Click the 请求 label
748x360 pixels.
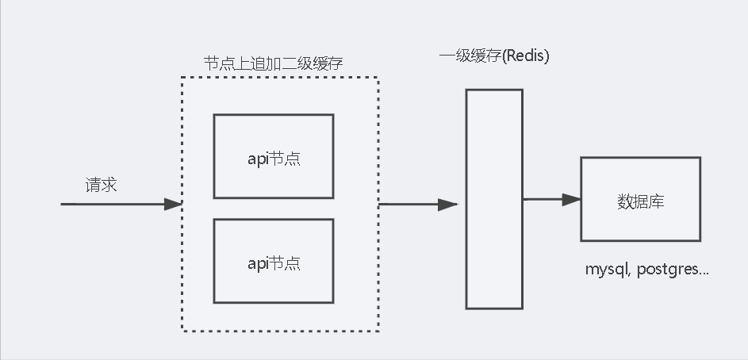click(x=102, y=185)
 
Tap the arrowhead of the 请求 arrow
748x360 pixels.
click(x=174, y=205)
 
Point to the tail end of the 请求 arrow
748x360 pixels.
click(x=63, y=205)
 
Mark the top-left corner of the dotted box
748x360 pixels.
click(x=182, y=78)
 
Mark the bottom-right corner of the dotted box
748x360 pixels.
click(x=378, y=330)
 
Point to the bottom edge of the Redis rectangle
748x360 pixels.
click(x=493, y=308)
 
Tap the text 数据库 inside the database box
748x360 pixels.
click(x=640, y=201)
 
